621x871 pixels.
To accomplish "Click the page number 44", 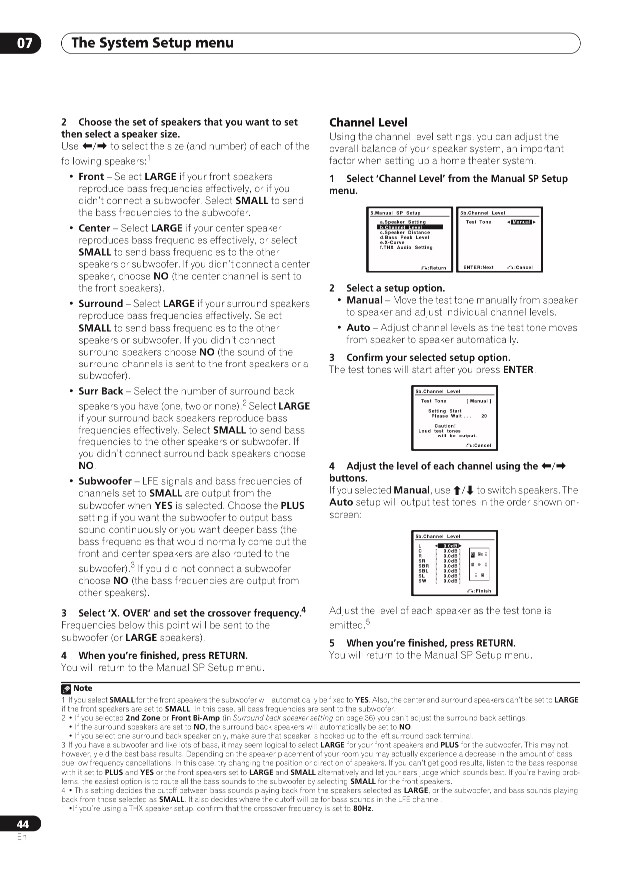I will [23, 824].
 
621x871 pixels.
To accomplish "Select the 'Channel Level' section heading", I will [368, 123].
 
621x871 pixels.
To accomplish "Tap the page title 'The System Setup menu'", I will [152, 43].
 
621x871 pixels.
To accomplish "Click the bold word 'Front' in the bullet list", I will [91, 177].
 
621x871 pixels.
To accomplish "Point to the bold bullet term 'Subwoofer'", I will [105, 481].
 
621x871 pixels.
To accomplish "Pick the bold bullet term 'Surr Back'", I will [101, 391].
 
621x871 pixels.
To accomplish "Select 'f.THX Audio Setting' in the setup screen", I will [406, 247].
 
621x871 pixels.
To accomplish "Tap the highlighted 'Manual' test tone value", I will [521, 222].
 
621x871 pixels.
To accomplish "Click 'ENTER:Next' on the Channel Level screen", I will [478, 267].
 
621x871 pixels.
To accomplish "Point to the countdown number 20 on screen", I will [484, 416].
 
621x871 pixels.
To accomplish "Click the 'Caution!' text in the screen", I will [444, 426].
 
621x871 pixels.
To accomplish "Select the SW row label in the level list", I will [422, 581].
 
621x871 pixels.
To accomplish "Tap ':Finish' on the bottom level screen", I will [481, 591].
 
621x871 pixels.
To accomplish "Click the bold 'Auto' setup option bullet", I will [358, 328].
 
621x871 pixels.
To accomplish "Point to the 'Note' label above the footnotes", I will [82, 688].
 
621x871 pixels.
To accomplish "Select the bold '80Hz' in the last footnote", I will [362, 808].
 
